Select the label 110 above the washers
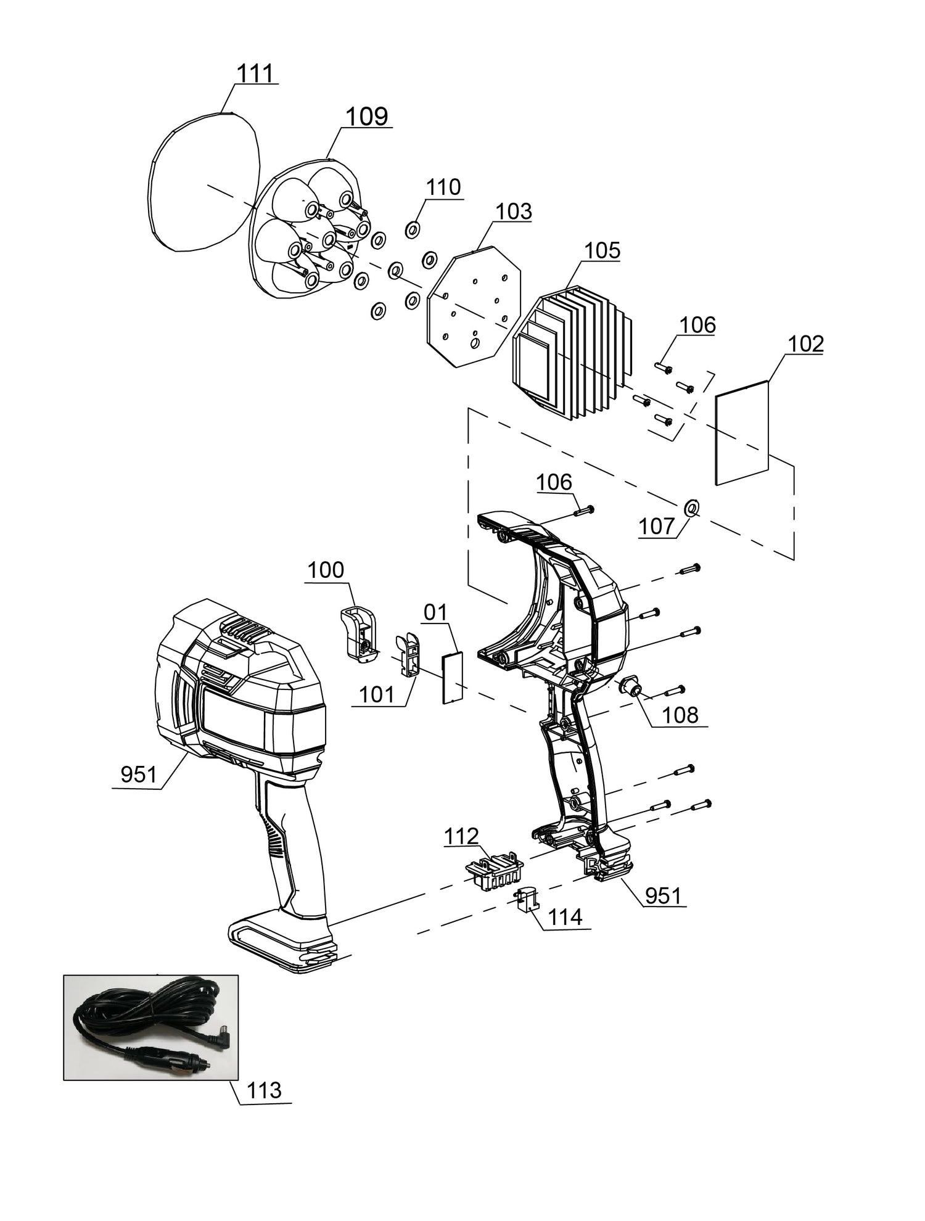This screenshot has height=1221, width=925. click(x=443, y=187)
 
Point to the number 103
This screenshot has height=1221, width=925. click(x=514, y=212)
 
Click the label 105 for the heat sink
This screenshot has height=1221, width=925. click(x=602, y=250)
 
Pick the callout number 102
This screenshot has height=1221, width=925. click(x=805, y=344)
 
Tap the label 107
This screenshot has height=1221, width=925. click(x=656, y=526)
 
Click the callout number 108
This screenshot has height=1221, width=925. click(x=680, y=715)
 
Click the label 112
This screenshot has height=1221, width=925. click(x=461, y=836)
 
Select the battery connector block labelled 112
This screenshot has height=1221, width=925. click(x=494, y=869)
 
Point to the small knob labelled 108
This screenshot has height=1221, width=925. click(x=630, y=686)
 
